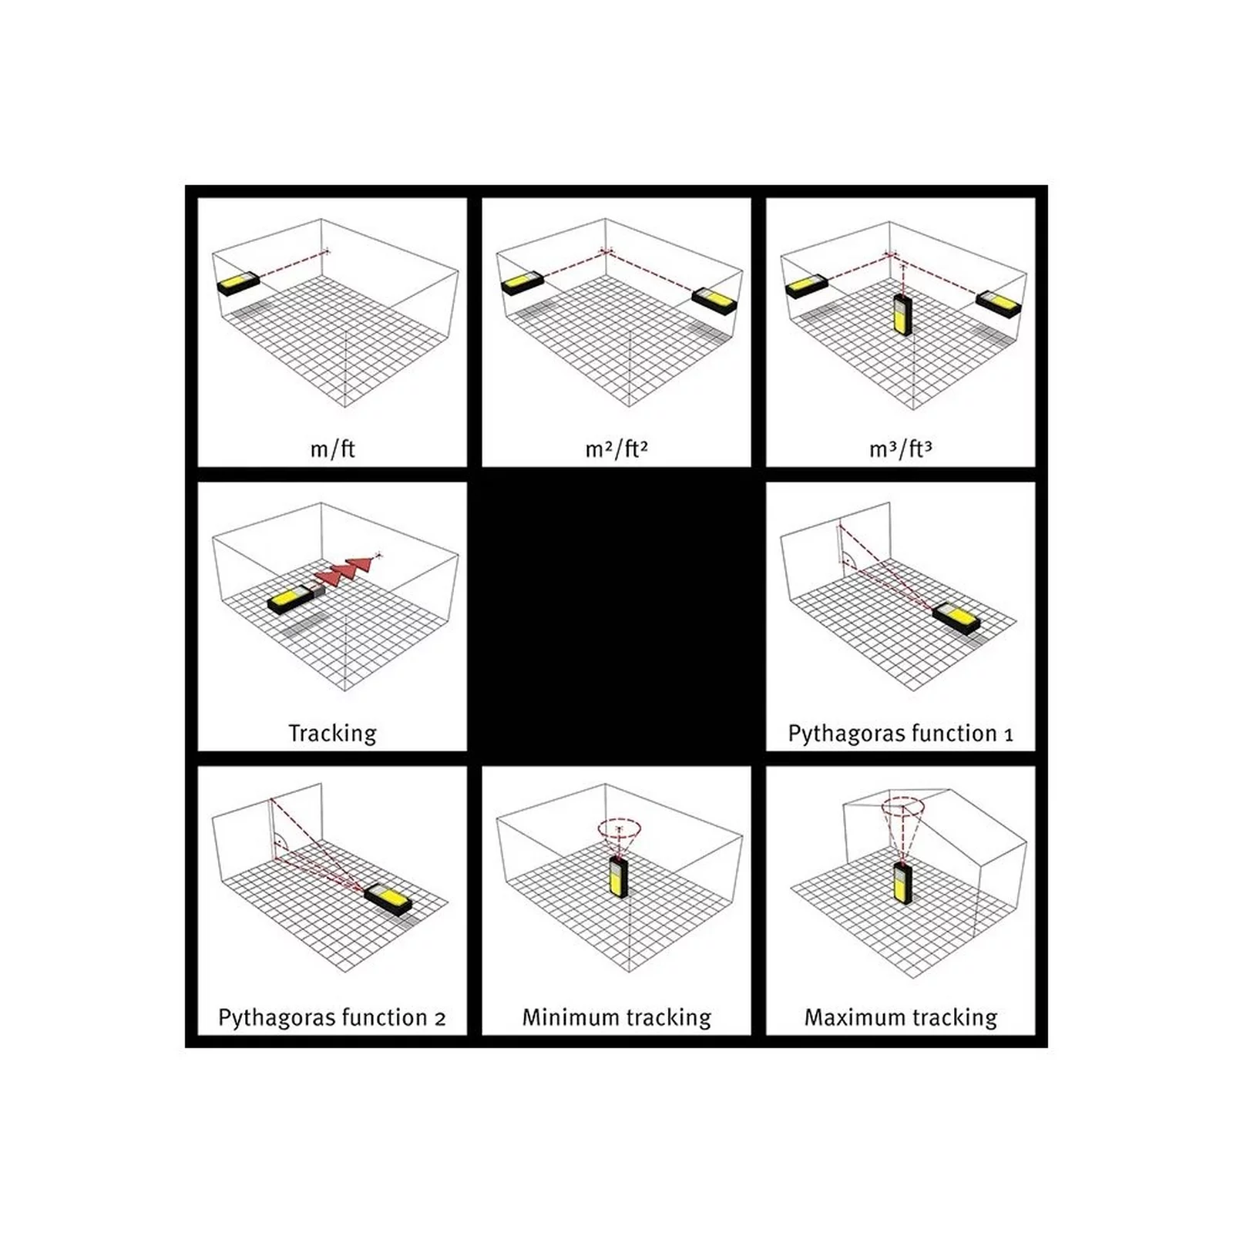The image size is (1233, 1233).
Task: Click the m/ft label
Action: [x=332, y=449]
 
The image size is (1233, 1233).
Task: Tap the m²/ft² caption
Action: [x=616, y=449]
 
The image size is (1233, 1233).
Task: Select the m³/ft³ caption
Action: [x=900, y=449]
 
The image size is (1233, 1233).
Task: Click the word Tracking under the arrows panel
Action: [x=332, y=733]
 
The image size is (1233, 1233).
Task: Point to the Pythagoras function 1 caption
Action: [x=900, y=733]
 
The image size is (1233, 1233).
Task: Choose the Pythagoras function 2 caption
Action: [x=332, y=1017]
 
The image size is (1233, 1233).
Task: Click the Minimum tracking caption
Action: [x=616, y=1017]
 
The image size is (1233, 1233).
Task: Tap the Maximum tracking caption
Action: [x=900, y=1017]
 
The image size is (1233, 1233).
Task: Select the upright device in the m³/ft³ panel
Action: [x=900, y=314]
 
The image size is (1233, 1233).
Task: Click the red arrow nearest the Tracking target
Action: [x=360, y=564]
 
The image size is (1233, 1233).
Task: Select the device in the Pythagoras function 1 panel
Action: [x=956, y=619]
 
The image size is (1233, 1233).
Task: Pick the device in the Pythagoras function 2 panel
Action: [x=388, y=899]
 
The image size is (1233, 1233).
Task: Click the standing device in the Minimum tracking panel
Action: [x=618, y=877]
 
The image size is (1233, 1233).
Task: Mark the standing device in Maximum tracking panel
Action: [x=902, y=883]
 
